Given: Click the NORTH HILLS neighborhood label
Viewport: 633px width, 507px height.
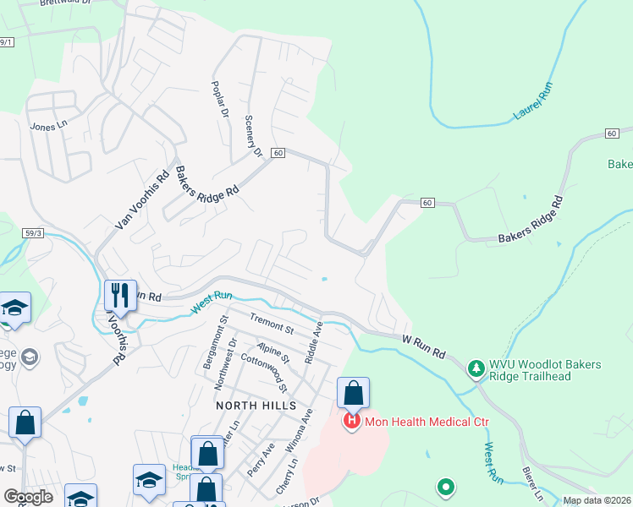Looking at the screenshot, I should pyautogui.click(x=254, y=405).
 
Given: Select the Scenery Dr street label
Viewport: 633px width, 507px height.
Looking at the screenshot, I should pyautogui.click(x=252, y=136).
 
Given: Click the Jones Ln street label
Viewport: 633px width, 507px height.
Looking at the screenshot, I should pyautogui.click(x=47, y=127).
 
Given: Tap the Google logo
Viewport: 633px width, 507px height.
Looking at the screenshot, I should pyautogui.click(x=28, y=497).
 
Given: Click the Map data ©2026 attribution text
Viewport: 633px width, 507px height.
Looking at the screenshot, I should pyautogui.click(x=596, y=500).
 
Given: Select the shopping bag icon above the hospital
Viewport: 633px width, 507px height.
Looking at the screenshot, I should pyautogui.click(x=353, y=393).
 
